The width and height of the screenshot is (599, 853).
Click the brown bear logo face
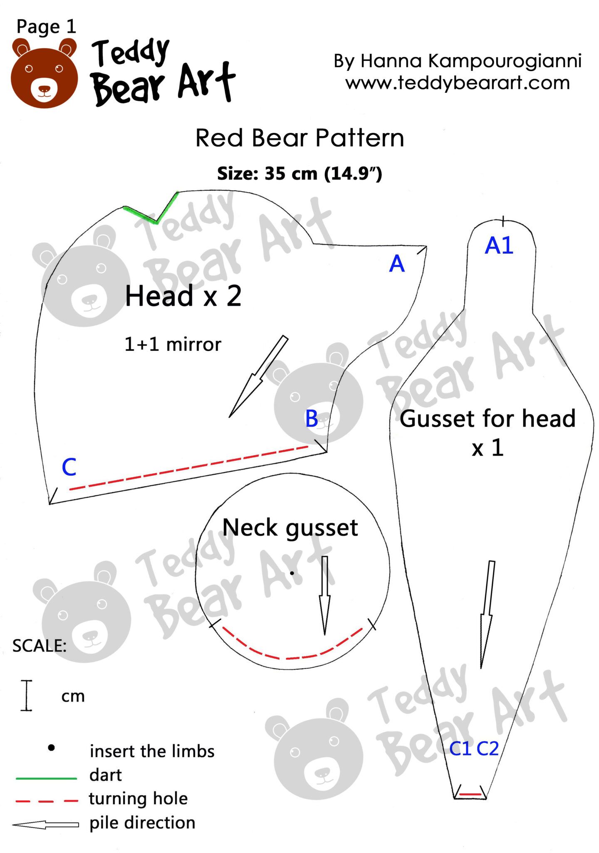pyautogui.click(x=44, y=75)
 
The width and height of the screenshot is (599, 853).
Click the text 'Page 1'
pyautogui.click(x=46, y=27)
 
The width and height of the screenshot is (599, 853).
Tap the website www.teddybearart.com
pyautogui.click(x=457, y=83)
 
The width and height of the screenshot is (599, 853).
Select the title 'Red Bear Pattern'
pyautogui.click(x=299, y=138)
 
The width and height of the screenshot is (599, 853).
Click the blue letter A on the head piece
pyautogui.click(x=396, y=264)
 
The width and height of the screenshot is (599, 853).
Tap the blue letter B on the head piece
pyautogui.click(x=312, y=419)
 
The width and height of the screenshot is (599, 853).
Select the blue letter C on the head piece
pyautogui.click(x=69, y=467)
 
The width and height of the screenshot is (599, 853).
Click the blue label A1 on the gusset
pyautogui.click(x=499, y=246)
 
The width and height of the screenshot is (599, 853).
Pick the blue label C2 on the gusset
pyautogui.click(x=488, y=749)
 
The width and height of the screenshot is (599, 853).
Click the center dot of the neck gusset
pyautogui.click(x=292, y=573)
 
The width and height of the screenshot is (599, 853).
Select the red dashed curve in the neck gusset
pyautogui.click(x=291, y=657)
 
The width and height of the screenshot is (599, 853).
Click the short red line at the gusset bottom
pyautogui.click(x=470, y=795)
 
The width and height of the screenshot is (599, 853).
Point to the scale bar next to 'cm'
pyautogui.click(x=27, y=695)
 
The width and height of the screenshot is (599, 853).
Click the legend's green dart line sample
pyautogui.click(x=46, y=778)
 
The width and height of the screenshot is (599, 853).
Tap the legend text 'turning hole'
pyautogui.click(x=138, y=798)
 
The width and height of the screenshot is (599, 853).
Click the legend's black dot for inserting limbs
pyautogui.click(x=51, y=748)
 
